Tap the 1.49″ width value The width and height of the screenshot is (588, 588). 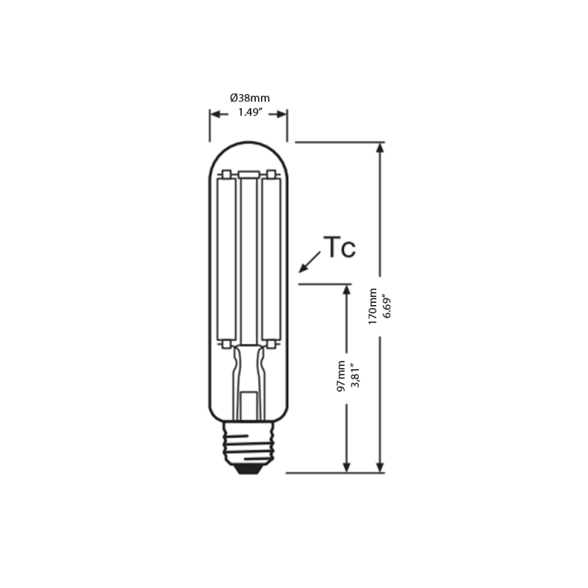tap(251, 112)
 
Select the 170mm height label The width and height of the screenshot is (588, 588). tap(373, 306)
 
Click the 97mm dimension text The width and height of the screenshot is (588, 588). tap(342, 376)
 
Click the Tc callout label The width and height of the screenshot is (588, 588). tap(340, 248)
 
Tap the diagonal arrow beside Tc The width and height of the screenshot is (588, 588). tap(310, 260)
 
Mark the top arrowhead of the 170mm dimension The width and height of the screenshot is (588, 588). tap(379, 147)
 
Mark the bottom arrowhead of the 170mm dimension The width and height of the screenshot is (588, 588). tap(379, 467)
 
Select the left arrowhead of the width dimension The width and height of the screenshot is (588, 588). tap(215, 113)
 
